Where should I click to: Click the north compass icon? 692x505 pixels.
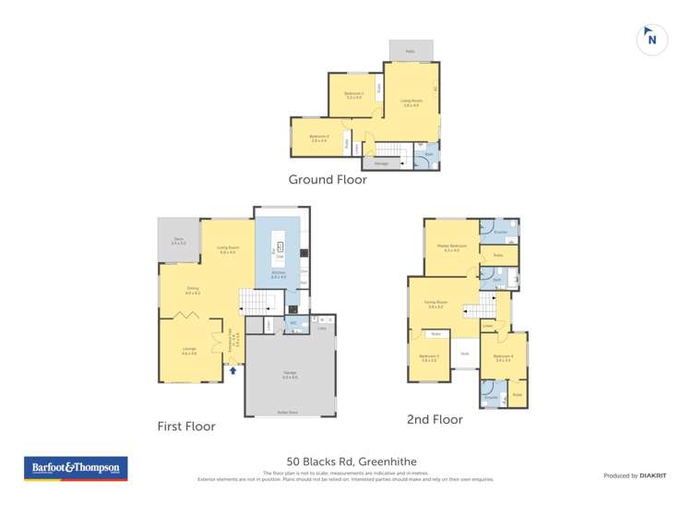click(651, 40)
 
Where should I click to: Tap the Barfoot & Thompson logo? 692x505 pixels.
click(76, 469)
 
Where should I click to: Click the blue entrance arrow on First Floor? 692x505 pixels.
click(233, 370)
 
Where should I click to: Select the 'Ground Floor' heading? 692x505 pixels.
click(328, 180)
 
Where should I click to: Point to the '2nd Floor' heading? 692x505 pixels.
click(435, 419)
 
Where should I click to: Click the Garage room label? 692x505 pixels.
click(289, 374)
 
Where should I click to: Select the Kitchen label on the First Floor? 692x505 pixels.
click(278, 275)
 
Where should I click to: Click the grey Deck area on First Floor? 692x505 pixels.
click(178, 241)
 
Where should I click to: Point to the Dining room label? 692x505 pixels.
click(193, 290)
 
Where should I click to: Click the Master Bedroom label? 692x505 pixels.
click(451, 247)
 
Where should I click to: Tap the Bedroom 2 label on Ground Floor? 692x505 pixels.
click(319, 138)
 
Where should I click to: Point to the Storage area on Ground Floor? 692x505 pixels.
click(380, 163)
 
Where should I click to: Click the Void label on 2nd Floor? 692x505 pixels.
click(465, 353)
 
